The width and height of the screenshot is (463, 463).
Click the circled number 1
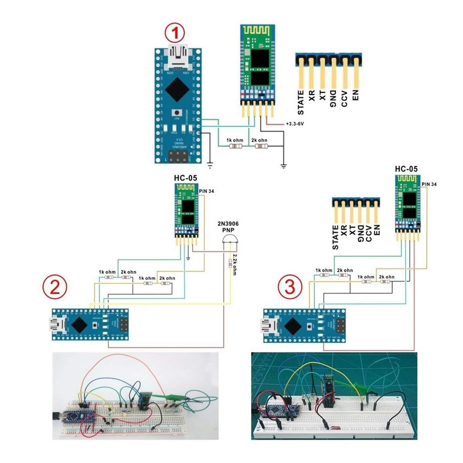(175, 33)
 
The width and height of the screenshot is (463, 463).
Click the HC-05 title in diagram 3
(406, 169)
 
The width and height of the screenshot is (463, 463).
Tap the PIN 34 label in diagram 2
(206, 190)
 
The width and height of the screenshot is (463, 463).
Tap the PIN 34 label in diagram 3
(429, 184)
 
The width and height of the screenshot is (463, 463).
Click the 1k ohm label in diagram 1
(235, 140)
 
